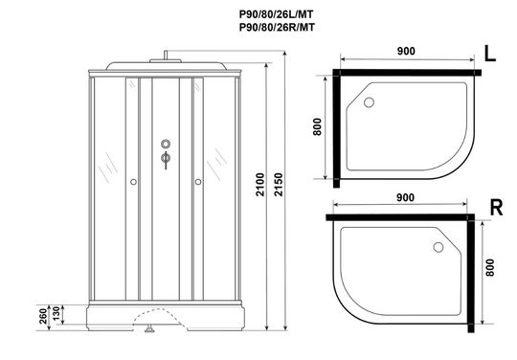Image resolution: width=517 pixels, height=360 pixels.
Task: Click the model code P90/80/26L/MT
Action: [x=277, y=14]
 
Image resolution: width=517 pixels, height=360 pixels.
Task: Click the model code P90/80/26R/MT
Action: [x=277, y=27]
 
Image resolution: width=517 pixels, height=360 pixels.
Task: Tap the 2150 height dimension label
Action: [x=279, y=185]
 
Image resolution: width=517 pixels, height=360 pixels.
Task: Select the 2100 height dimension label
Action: [x=260, y=185]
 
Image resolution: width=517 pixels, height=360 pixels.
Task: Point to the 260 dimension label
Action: [x=43, y=316]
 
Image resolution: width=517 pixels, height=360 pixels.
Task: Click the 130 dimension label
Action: [x=56, y=313]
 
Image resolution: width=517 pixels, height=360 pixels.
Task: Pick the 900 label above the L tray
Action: [x=406, y=51]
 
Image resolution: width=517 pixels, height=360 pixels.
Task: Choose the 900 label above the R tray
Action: [x=405, y=197]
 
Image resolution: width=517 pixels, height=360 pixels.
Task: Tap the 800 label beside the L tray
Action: [x=317, y=126]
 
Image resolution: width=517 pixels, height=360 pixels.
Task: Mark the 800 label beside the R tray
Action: [x=490, y=268]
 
